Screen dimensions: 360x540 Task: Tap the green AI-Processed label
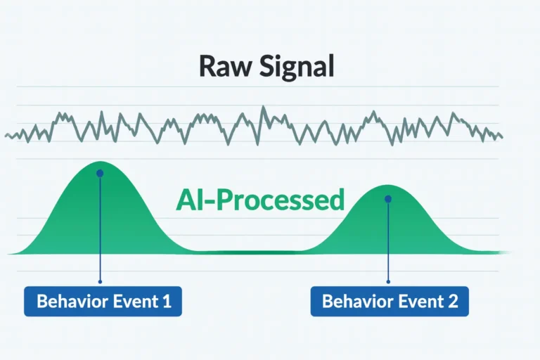pos(260,200)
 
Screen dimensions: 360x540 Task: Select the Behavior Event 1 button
pos(103,302)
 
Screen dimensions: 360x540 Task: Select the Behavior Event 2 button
pos(390,302)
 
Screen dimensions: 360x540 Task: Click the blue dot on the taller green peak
pos(100,173)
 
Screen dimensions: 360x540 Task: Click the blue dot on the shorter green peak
pos(387,199)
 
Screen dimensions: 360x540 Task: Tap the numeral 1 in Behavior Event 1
pos(166,302)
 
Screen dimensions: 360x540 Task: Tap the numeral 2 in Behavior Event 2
pos(452,302)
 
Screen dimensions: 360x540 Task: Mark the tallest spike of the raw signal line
pos(264,108)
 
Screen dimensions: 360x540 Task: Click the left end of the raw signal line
pos(6,135)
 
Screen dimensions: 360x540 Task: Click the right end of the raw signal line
pos(501,136)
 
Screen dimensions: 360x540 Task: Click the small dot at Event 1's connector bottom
pos(100,282)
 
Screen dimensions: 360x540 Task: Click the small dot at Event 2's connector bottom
pos(387,282)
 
